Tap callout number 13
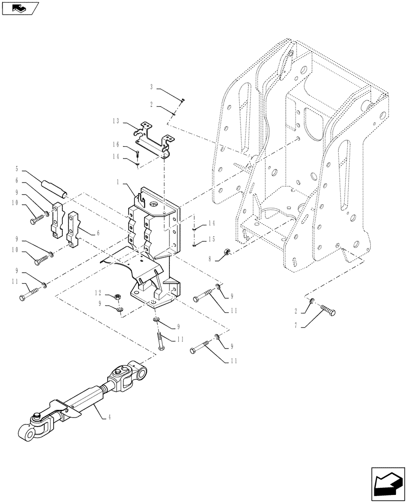(117, 121)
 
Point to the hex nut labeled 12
(117, 297)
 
